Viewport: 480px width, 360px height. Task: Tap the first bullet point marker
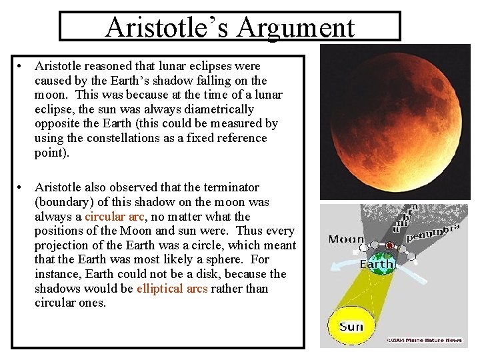click(x=22, y=66)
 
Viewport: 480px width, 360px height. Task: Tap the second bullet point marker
click(x=22, y=187)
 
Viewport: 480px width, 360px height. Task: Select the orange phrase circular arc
click(x=114, y=217)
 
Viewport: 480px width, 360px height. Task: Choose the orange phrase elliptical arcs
click(x=172, y=289)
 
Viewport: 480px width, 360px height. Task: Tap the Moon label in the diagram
click(x=347, y=239)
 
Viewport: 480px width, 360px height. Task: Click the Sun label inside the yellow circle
click(x=351, y=327)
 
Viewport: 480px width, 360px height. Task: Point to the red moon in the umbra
click(x=389, y=246)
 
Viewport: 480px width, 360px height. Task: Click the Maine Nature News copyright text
click(x=425, y=341)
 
